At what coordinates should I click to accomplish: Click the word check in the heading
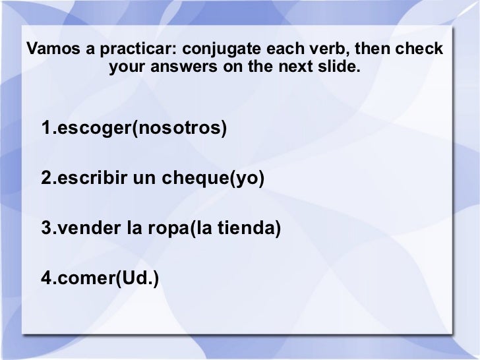pos(421,49)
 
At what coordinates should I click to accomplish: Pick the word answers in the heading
pos(189,68)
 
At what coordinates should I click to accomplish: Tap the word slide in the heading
pos(340,68)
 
